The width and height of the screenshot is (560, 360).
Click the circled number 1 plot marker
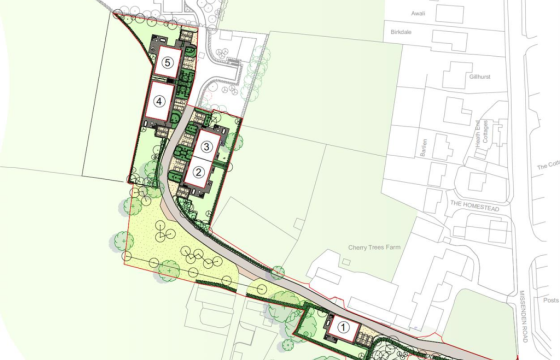click(344, 326)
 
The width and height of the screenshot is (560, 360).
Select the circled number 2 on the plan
click(200, 173)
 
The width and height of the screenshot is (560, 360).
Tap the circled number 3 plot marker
click(206, 146)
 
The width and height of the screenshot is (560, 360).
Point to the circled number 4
click(159, 100)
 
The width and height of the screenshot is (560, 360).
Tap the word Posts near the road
click(551, 298)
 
